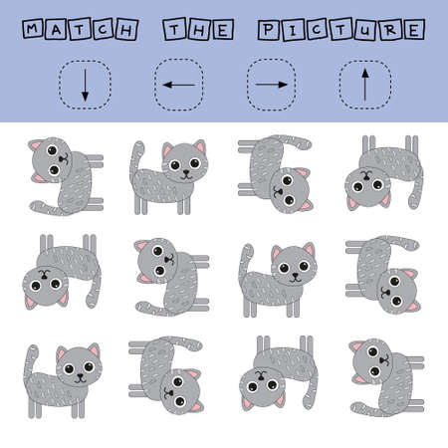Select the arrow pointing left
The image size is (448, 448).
(177, 85)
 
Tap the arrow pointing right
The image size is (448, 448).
(270, 85)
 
